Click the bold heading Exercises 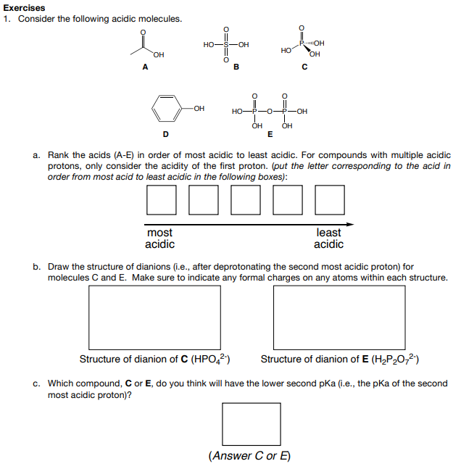24,7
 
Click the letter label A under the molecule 145,68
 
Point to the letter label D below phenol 166,133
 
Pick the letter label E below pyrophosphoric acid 270,133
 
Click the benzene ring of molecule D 167,109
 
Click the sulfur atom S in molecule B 226,45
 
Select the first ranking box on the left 162,200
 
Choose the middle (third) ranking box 246,200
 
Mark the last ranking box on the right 330,200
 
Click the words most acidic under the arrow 160,238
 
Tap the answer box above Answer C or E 251,424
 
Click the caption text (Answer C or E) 250,456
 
